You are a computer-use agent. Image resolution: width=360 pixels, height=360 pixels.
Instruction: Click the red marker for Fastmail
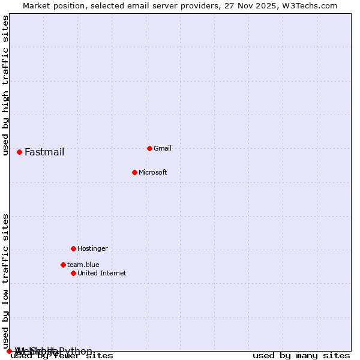pyautogui.click(x=19, y=152)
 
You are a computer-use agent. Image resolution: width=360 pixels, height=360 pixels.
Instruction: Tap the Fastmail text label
pyautogui.click(x=44, y=152)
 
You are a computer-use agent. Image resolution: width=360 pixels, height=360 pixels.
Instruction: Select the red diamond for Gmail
pyautogui.click(x=149, y=148)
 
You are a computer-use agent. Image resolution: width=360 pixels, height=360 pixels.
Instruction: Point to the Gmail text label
pyautogui.click(x=163, y=148)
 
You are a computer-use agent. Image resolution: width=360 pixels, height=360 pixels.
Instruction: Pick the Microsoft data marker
pyautogui.click(x=134, y=172)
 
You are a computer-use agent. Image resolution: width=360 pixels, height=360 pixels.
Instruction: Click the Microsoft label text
pyautogui.click(x=153, y=172)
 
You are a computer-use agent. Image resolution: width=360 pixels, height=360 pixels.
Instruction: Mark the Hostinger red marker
pyautogui.click(x=73, y=248)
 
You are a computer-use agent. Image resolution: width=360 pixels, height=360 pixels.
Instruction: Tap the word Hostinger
pyautogui.click(x=92, y=248)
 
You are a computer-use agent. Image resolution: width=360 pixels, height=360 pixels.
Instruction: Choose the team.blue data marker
pyautogui.click(x=63, y=265)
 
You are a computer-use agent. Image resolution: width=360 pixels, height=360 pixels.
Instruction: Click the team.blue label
pyautogui.click(x=83, y=265)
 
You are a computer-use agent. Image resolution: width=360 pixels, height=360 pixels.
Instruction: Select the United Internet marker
pyautogui.click(x=73, y=273)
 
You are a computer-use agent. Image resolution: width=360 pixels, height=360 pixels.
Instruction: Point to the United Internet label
pyautogui.click(x=102, y=273)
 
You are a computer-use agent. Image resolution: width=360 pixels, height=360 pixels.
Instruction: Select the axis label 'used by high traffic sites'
pyautogui.click(x=5, y=85)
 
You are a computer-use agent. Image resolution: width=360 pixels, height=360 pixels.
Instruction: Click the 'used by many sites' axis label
pyautogui.click(x=301, y=356)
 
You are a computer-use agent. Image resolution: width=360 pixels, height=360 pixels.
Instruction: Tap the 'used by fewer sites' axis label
pyautogui.click(x=62, y=356)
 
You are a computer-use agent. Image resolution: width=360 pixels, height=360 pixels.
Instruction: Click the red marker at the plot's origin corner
pyautogui.click(x=9, y=351)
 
